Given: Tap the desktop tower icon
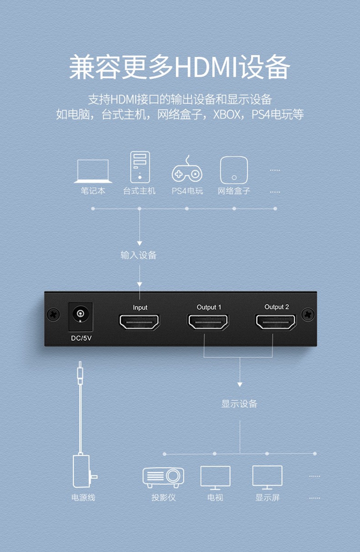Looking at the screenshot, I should [140, 166].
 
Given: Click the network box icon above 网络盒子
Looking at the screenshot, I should [234, 170].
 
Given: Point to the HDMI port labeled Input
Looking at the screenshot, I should [140, 322].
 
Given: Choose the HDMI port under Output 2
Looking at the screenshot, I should [276, 322].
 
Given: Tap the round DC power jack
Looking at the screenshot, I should [80, 315].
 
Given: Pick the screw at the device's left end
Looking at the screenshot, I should [52, 315].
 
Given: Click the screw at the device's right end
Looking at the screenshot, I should [307, 315].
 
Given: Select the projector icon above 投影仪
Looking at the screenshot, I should [163, 476].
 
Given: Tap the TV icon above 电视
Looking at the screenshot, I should [215, 477].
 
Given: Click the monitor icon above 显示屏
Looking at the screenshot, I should [267, 476].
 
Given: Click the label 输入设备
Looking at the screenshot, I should [139, 255].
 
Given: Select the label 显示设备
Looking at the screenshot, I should [240, 404].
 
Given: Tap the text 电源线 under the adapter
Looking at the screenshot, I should [84, 498].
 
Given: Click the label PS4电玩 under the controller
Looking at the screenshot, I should [187, 191].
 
